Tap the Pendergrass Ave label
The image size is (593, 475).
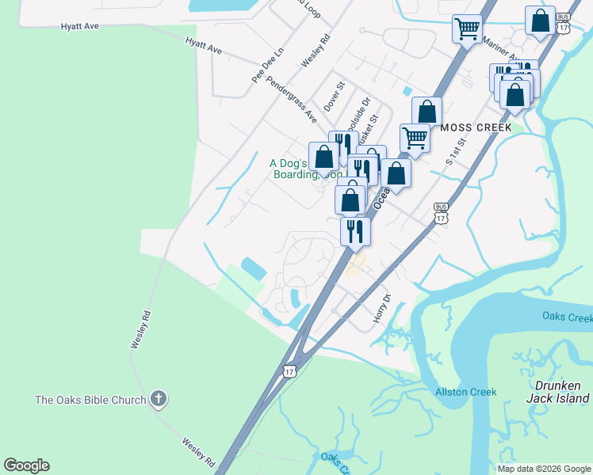(292, 99)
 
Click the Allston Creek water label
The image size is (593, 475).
(465, 392)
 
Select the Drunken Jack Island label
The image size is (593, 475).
(558, 392)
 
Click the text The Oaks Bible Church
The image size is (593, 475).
(90, 400)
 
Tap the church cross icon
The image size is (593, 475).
(159, 399)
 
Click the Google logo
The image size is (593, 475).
(26, 465)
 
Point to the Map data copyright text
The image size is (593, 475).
(543, 469)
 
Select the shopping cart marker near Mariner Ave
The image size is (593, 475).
(467, 29)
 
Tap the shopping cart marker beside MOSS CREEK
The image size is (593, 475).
(415, 138)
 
